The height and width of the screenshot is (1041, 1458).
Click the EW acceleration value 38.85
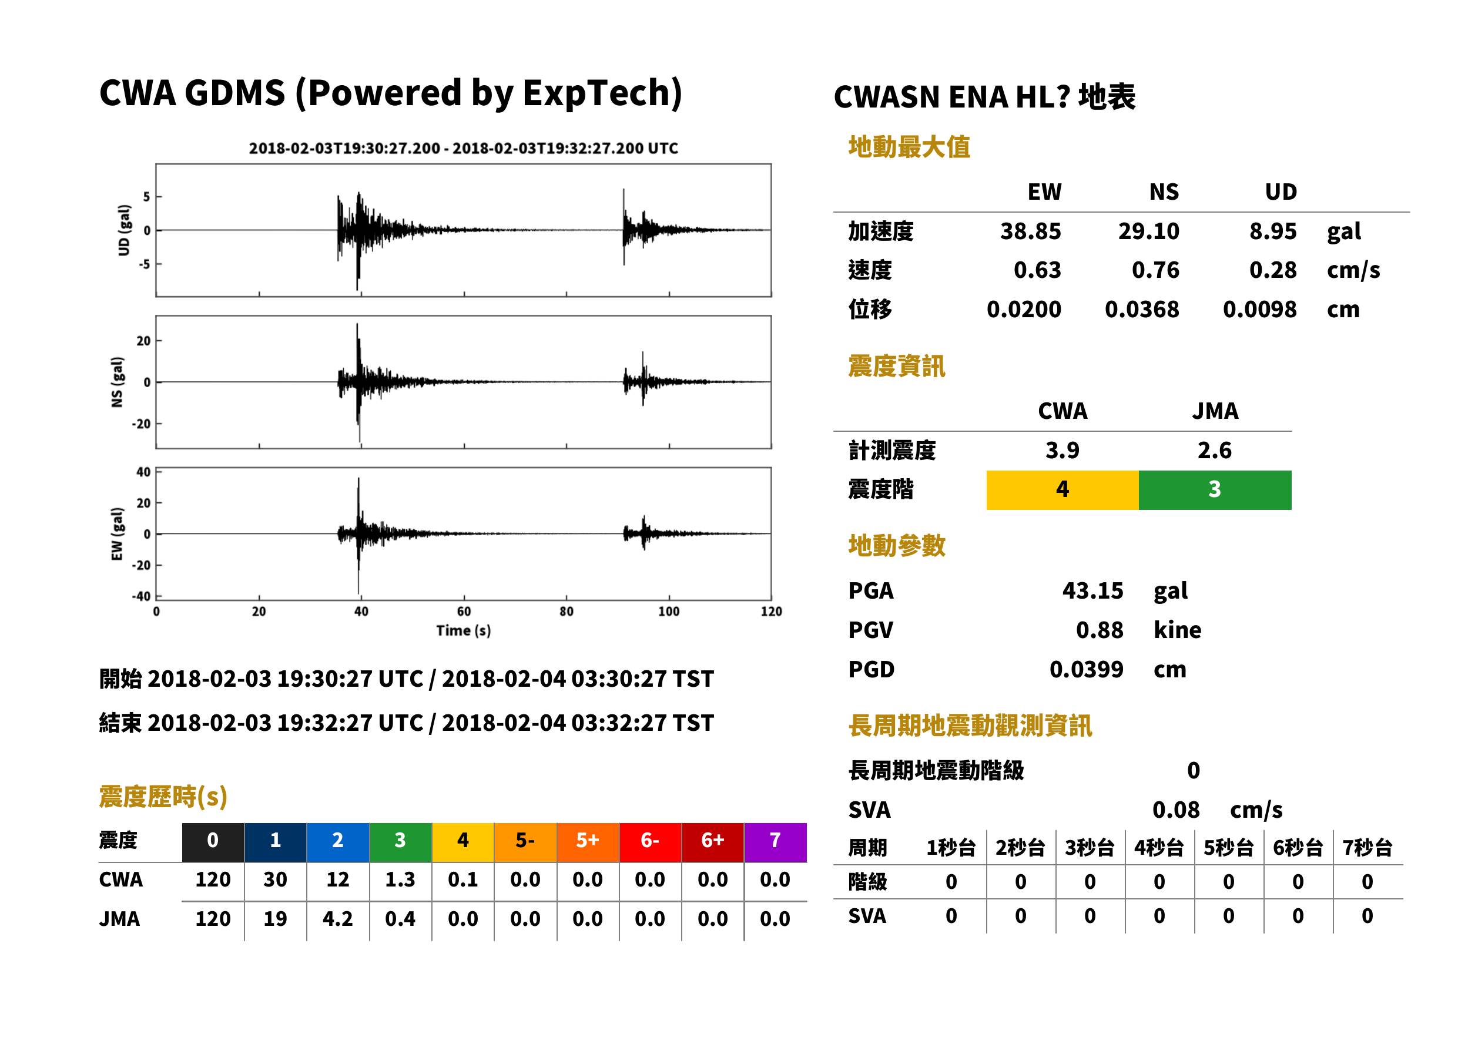tap(1030, 231)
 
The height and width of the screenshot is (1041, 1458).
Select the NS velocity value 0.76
tap(1155, 270)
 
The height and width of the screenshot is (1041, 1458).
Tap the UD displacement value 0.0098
tap(1260, 310)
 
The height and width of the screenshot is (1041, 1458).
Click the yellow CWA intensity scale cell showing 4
tap(1063, 490)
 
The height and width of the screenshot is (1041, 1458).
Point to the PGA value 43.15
tap(1092, 590)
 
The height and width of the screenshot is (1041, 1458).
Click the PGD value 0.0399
tap(1086, 669)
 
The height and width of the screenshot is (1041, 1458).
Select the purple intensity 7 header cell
tap(775, 840)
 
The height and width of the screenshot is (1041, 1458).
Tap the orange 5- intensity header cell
tap(525, 840)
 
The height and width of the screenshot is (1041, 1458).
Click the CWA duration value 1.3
tap(400, 879)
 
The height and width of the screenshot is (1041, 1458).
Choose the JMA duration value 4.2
tap(338, 919)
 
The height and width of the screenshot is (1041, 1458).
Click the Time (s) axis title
tap(464, 631)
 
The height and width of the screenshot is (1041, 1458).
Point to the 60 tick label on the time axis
tap(464, 612)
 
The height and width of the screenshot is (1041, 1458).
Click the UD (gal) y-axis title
tap(124, 230)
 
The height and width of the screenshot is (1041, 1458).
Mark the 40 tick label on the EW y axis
tap(143, 472)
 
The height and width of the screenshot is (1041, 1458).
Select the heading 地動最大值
tap(909, 147)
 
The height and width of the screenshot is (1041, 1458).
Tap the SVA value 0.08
tap(1176, 810)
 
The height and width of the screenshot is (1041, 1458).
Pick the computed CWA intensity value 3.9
tap(1063, 451)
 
